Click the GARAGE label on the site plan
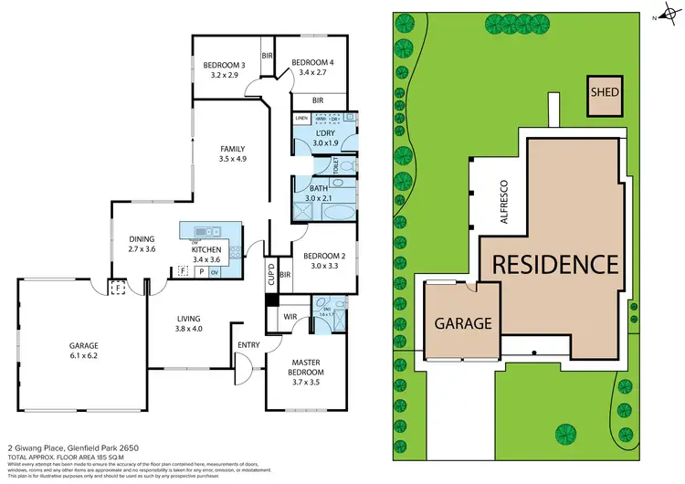[462, 322]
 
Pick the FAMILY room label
[232, 148]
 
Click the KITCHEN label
[205, 248]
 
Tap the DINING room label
[143, 238]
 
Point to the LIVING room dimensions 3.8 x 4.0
[189, 329]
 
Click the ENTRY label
[248, 344]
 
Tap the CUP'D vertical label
[271, 273]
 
